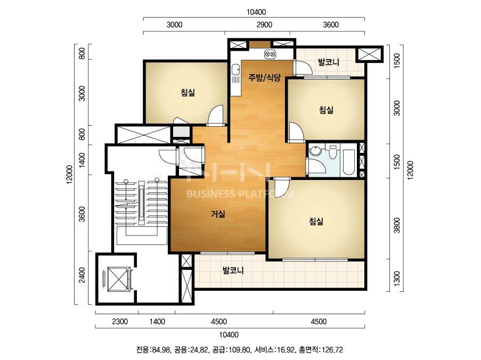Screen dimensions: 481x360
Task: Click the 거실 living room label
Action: (x=218, y=214)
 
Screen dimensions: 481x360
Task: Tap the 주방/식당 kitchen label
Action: (x=264, y=77)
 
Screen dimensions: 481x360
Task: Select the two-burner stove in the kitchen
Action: (x=270, y=54)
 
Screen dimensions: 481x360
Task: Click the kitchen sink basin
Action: (x=235, y=69)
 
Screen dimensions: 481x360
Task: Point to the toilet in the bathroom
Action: (x=332, y=152)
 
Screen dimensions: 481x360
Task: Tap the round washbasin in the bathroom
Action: (x=315, y=151)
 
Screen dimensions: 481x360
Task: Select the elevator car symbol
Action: (x=118, y=279)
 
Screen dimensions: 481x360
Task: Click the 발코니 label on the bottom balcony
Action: (x=233, y=271)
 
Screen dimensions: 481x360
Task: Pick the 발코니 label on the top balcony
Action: (x=329, y=62)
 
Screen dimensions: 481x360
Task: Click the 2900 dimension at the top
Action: (x=264, y=24)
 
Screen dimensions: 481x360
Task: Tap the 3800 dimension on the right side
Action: (x=397, y=225)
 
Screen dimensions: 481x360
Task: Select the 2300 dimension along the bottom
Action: (x=120, y=321)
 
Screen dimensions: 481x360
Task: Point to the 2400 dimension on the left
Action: (x=82, y=275)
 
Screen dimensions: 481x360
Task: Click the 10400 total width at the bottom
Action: (x=229, y=334)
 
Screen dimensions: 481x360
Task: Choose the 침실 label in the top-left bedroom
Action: (x=187, y=92)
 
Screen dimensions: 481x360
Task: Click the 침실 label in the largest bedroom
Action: (x=316, y=221)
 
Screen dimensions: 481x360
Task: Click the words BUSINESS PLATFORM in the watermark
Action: (x=240, y=194)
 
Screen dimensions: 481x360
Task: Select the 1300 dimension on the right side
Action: (x=397, y=278)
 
